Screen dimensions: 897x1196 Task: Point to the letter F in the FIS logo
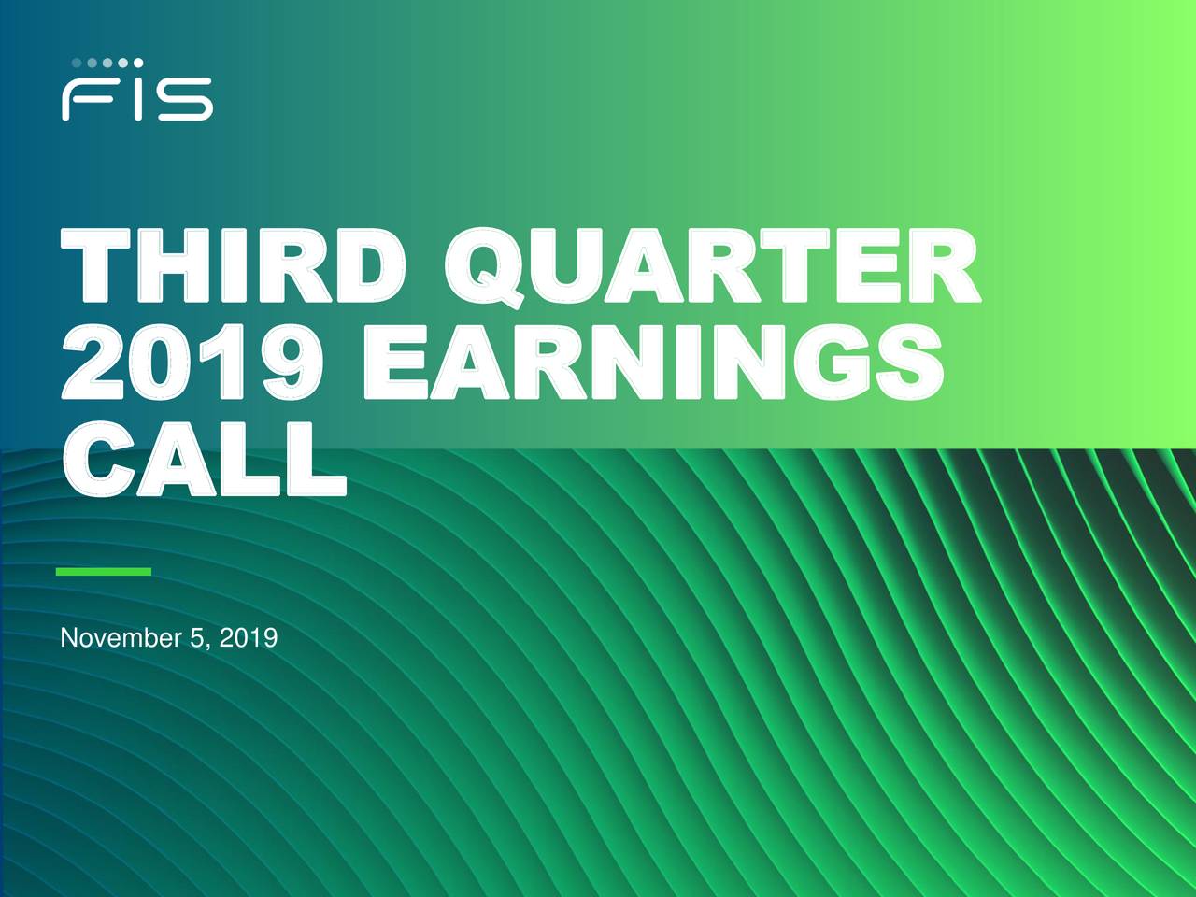[87, 99]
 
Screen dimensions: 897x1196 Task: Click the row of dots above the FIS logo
[107, 63]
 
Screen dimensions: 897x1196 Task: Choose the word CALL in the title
[203, 458]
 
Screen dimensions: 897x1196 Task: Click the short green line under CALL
[104, 571]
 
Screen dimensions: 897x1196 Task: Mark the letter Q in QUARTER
[483, 269]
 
